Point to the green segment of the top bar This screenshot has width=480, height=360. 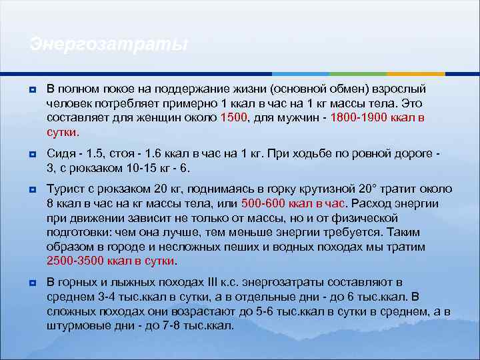[357, 73]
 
